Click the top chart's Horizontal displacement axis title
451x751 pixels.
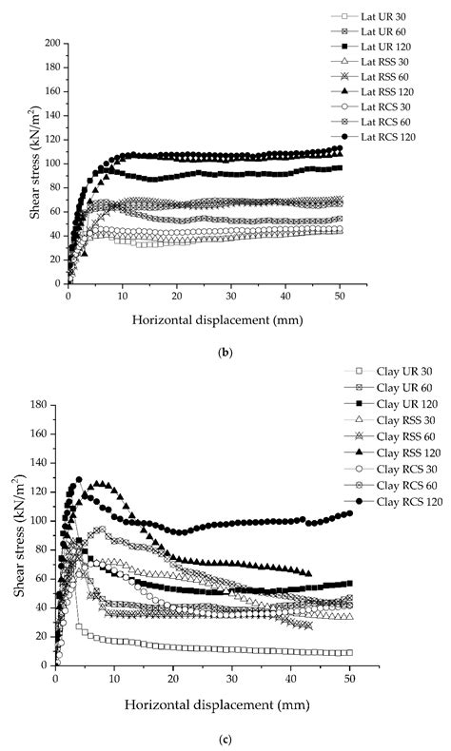[206, 319]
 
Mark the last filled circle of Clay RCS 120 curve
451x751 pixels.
[349, 513]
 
